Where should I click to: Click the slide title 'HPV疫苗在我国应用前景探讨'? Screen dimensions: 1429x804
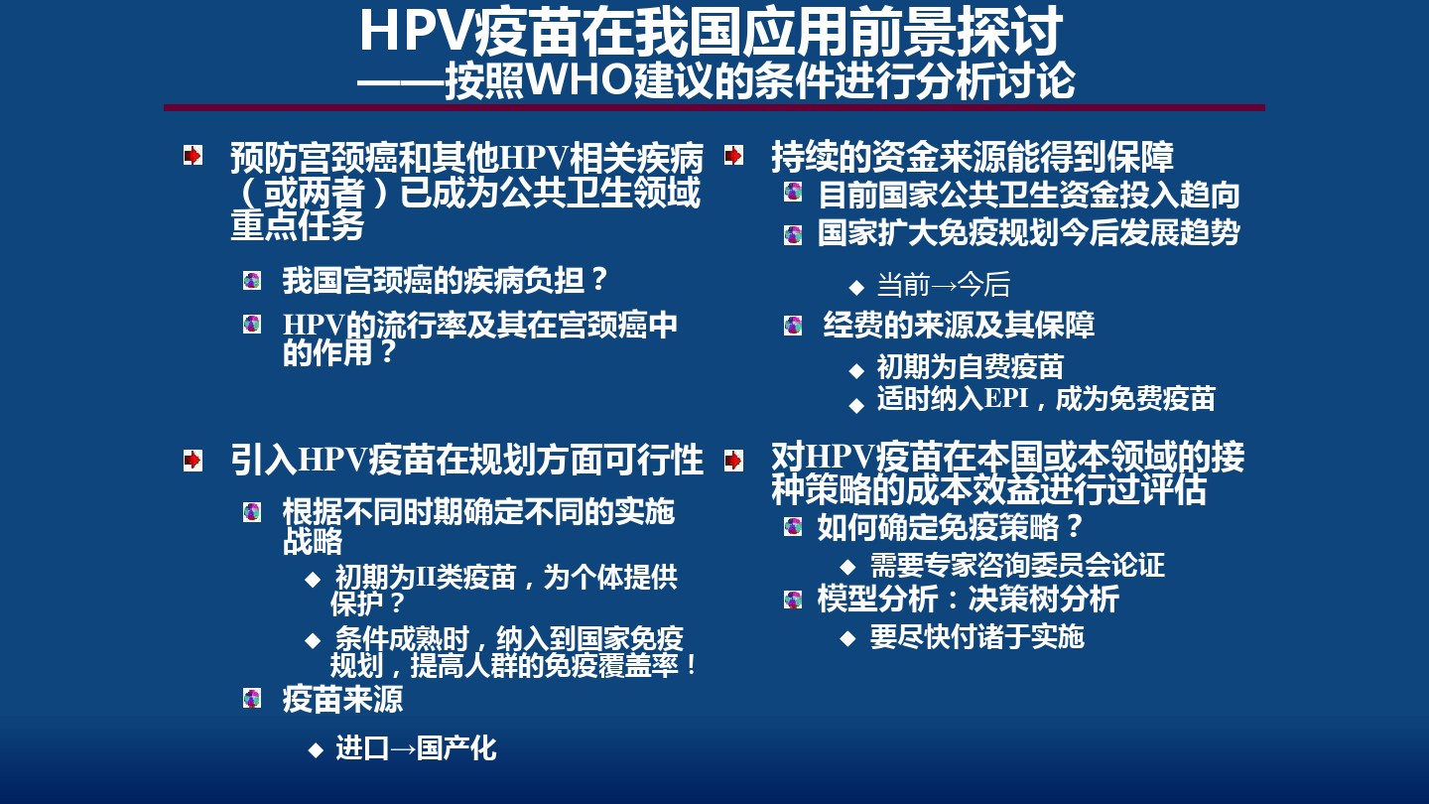(x=711, y=31)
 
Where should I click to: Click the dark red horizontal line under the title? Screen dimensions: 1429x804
(x=714, y=108)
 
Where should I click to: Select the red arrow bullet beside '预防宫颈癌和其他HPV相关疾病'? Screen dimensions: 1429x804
(x=193, y=155)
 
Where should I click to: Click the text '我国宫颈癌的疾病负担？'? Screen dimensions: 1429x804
(x=445, y=281)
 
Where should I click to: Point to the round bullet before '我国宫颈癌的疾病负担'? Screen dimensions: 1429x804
(x=252, y=281)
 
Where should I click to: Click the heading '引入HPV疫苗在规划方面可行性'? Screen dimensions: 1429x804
(x=467, y=460)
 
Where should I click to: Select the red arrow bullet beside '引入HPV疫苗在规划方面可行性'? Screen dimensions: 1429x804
(x=193, y=461)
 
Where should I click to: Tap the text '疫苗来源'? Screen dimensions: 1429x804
(x=342, y=700)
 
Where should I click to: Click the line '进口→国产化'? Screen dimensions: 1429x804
(x=416, y=748)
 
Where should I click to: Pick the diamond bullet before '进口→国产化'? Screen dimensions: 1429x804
(x=316, y=750)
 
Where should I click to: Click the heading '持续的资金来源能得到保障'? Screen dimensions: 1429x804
(x=973, y=157)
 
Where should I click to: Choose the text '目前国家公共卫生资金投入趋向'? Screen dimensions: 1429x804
(x=1029, y=195)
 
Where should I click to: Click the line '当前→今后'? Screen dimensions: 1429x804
(x=944, y=285)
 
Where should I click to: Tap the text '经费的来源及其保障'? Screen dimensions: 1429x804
(x=959, y=325)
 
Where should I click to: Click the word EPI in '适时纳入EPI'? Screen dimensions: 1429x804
(x=1006, y=398)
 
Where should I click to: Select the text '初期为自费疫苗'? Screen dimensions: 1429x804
(x=970, y=367)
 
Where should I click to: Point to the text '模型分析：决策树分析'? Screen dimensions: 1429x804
(x=969, y=599)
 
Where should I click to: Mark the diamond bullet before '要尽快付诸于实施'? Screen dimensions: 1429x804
(x=847, y=638)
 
